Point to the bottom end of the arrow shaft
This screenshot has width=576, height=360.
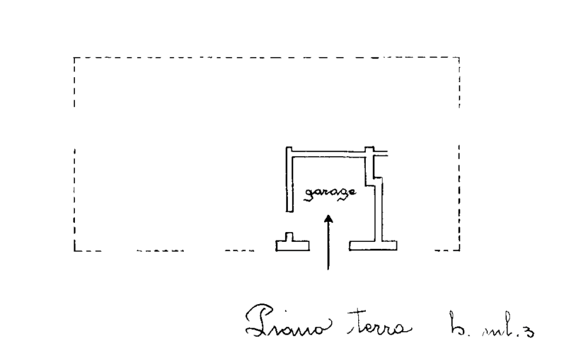(328, 270)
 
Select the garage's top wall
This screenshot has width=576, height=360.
(328, 154)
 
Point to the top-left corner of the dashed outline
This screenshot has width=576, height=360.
(75, 58)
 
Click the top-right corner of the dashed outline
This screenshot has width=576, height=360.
(459, 58)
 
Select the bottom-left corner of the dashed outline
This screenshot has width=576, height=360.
(75, 251)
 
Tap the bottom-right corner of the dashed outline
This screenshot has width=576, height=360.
(459, 251)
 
